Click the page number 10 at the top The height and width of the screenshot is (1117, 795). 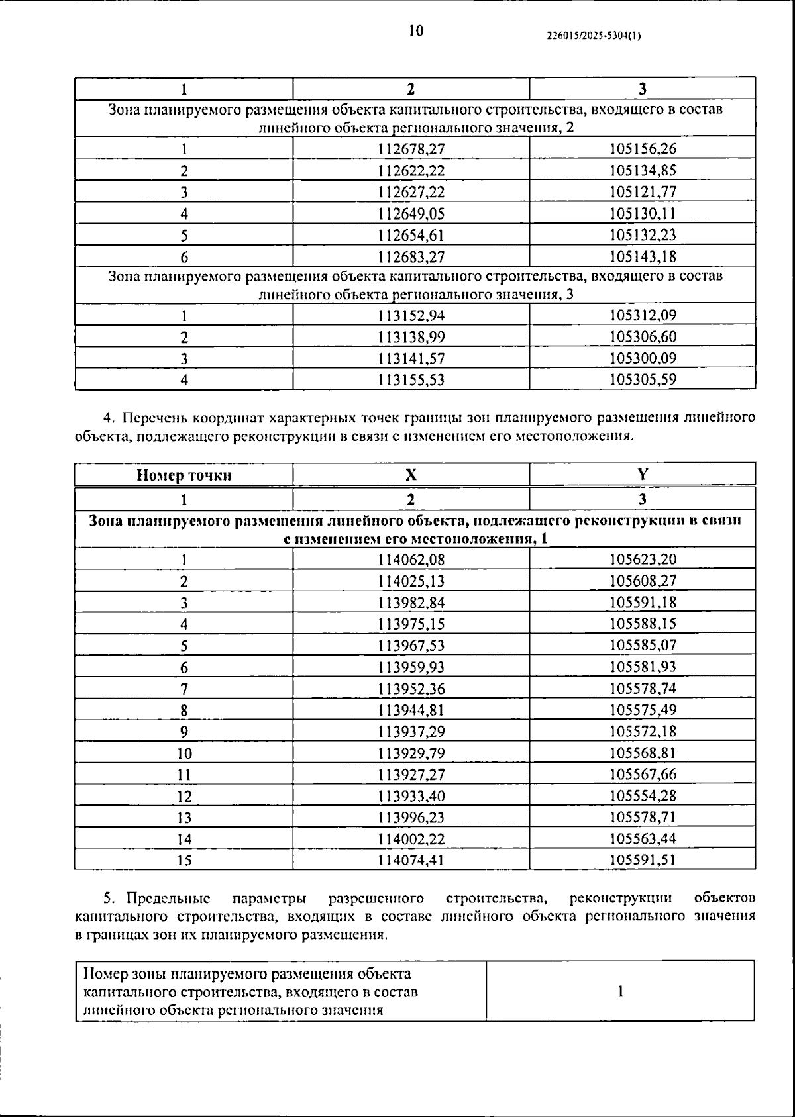point(416,31)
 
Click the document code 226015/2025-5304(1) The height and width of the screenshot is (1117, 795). point(594,37)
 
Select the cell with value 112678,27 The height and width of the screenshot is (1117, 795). point(411,149)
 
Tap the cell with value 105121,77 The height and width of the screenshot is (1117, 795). point(643,192)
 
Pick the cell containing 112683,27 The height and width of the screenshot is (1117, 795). point(411,256)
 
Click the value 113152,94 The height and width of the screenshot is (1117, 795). point(411,316)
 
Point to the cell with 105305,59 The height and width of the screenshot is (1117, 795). point(643,380)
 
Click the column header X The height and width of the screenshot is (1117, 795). point(411,475)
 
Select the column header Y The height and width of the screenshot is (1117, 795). point(643,474)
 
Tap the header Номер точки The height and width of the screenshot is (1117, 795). point(184,475)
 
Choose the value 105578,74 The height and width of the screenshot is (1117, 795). point(643,689)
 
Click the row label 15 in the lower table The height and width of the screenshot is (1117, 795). point(184,860)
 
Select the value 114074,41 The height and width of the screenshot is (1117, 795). point(411,860)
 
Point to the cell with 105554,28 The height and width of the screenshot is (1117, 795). point(643,796)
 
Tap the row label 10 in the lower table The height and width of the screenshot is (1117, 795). point(184,753)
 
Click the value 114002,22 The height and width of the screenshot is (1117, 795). point(411,839)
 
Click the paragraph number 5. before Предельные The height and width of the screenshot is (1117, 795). point(111,898)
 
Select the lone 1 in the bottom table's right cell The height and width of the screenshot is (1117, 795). point(620,991)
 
